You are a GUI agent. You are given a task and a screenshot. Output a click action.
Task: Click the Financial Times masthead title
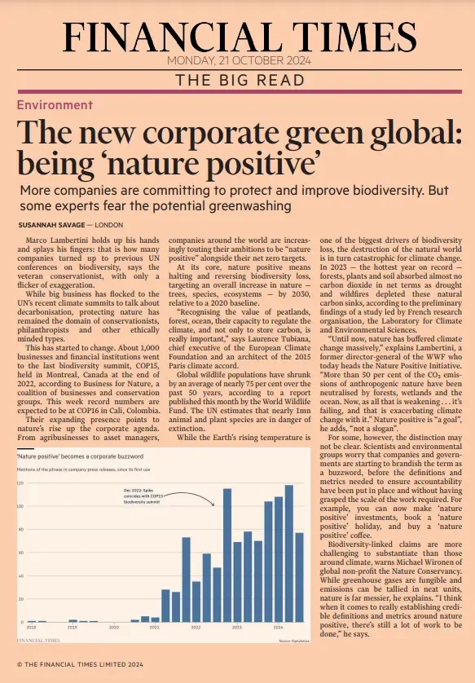[x=237, y=34]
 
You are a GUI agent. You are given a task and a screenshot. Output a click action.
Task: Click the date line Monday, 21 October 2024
[x=237, y=61]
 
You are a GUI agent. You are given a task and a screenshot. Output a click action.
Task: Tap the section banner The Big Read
[x=237, y=80]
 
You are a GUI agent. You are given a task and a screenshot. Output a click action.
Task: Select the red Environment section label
[x=55, y=105]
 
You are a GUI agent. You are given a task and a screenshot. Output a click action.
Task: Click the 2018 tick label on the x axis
[x=31, y=628]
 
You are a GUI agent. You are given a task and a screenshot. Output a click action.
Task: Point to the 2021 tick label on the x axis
[x=155, y=628]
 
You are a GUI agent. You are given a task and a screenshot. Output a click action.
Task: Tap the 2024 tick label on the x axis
[x=279, y=628]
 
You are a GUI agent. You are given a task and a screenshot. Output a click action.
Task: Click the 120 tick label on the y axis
[x=20, y=483]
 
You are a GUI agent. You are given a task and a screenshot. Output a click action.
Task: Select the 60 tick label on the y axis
[x=20, y=553]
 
